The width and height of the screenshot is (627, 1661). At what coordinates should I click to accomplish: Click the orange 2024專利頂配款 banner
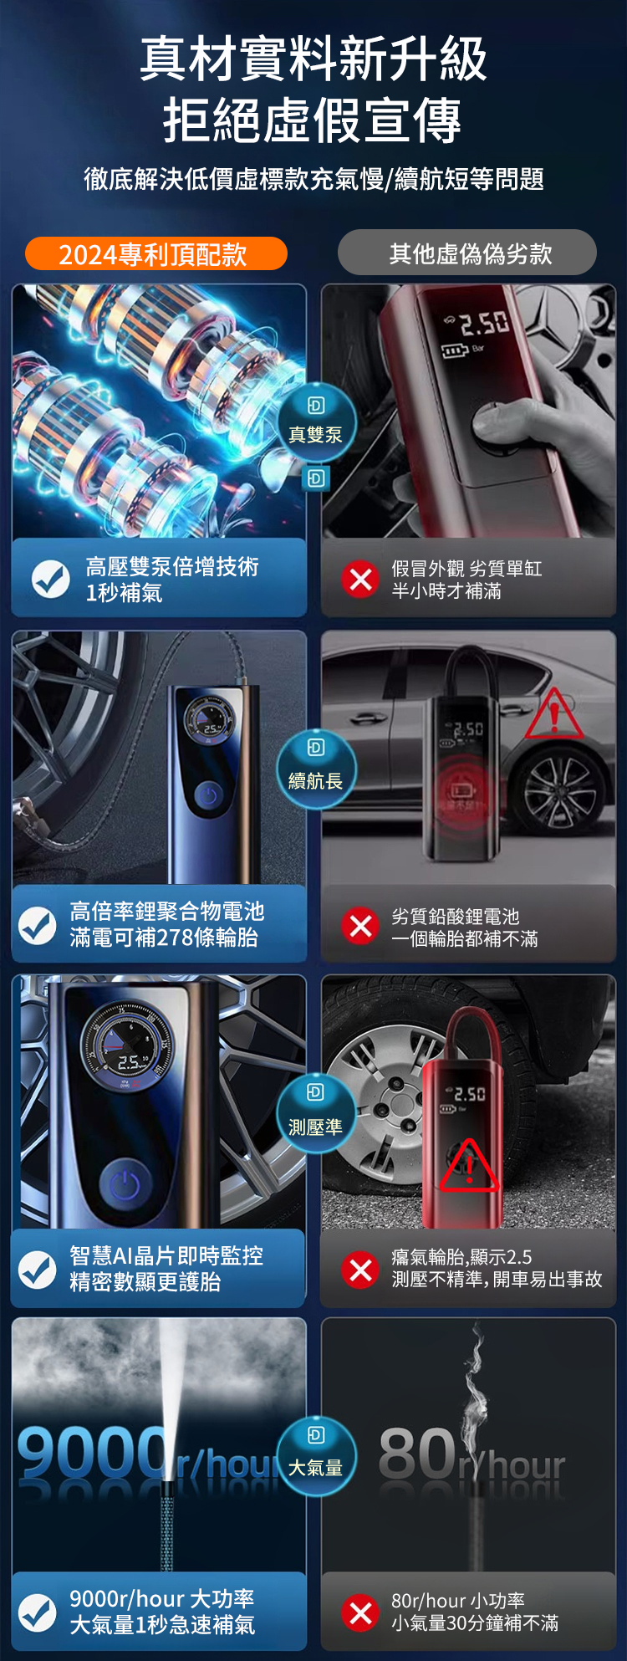(156, 253)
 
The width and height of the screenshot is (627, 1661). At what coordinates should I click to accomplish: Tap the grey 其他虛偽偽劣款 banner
(467, 253)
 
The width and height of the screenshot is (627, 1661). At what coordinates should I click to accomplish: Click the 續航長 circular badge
(316, 769)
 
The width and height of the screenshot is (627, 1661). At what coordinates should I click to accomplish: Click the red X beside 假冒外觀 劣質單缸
(360, 579)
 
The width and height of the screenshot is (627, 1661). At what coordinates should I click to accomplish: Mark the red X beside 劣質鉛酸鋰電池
(360, 926)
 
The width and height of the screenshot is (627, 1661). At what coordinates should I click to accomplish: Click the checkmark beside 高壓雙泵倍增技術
(51, 579)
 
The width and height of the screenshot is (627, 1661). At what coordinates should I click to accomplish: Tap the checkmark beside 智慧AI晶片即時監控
(38, 1269)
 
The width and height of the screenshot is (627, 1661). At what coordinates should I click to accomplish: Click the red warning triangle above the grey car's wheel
(553, 715)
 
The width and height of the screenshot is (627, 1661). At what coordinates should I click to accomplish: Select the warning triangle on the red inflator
(469, 1166)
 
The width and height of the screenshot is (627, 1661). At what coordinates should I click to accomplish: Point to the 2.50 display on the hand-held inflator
(484, 322)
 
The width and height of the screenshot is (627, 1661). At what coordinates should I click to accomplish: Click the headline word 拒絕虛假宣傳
(313, 120)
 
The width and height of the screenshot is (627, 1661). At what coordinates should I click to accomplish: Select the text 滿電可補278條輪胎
(164, 938)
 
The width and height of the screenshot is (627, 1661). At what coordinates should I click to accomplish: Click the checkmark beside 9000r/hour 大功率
(38, 1612)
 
